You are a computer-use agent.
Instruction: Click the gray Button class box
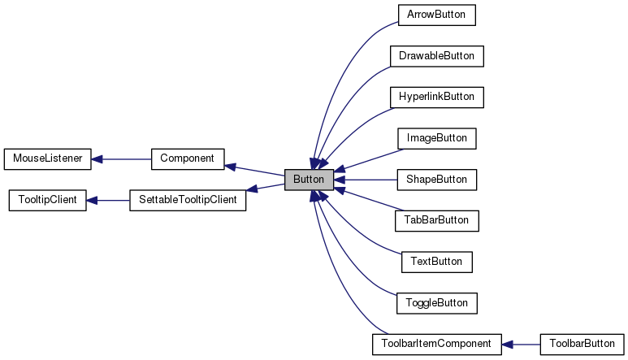(x=309, y=179)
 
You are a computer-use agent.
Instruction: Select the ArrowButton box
(x=436, y=15)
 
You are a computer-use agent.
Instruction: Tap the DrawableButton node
(x=436, y=56)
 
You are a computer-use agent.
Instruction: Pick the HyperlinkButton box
(x=436, y=97)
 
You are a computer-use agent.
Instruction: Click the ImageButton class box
(x=436, y=138)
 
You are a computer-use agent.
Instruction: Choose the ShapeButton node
(x=436, y=179)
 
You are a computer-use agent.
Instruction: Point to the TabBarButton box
(x=436, y=220)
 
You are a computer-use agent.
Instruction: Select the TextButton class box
(x=436, y=262)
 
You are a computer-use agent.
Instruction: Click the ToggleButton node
(x=436, y=302)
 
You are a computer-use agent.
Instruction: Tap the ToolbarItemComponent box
(x=436, y=344)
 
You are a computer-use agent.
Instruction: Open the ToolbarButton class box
(x=582, y=344)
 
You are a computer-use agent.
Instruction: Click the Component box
(x=187, y=158)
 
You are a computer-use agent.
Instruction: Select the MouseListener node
(x=47, y=158)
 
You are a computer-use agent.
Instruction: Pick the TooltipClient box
(x=47, y=200)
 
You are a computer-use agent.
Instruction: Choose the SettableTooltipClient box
(x=187, y=200)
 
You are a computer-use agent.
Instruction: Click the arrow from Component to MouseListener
(x=122, y=158)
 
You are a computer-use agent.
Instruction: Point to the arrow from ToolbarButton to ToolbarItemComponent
(x=521, y=344)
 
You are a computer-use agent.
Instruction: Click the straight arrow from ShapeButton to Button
(x=366, y=179)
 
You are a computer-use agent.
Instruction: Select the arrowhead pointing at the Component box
(x=230, y=166)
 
